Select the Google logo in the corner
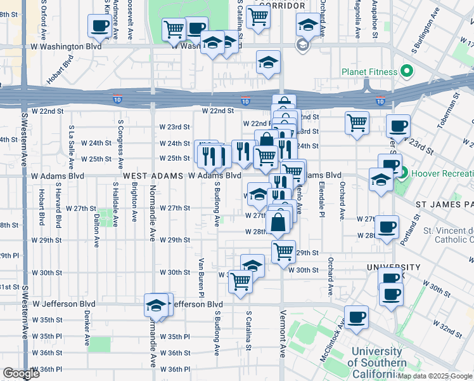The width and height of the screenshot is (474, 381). pos(21,373)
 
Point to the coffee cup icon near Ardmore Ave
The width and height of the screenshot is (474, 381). pos(100,26)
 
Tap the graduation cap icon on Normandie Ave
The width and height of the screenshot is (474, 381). pos(155,306)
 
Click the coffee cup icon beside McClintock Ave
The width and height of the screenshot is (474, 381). pos(357,317)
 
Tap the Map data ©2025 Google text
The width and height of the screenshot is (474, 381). pos(435,376)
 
